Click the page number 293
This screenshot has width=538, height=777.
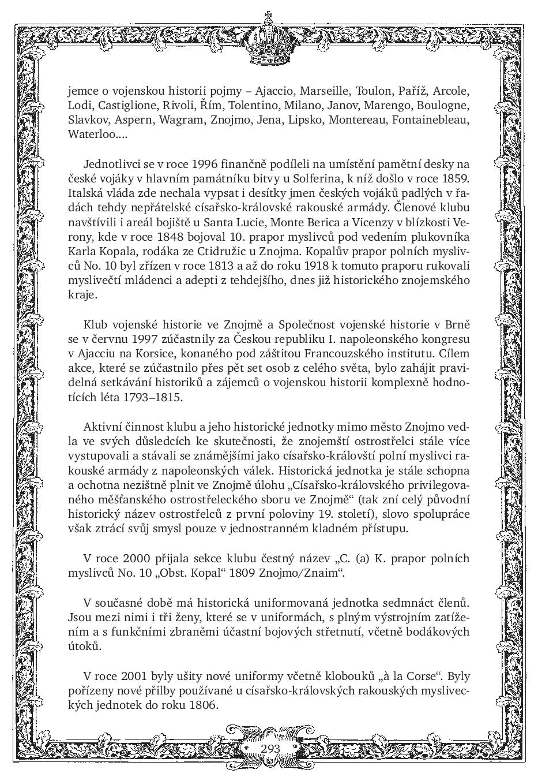(270, 748)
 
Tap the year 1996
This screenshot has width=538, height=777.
(204, 164)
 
